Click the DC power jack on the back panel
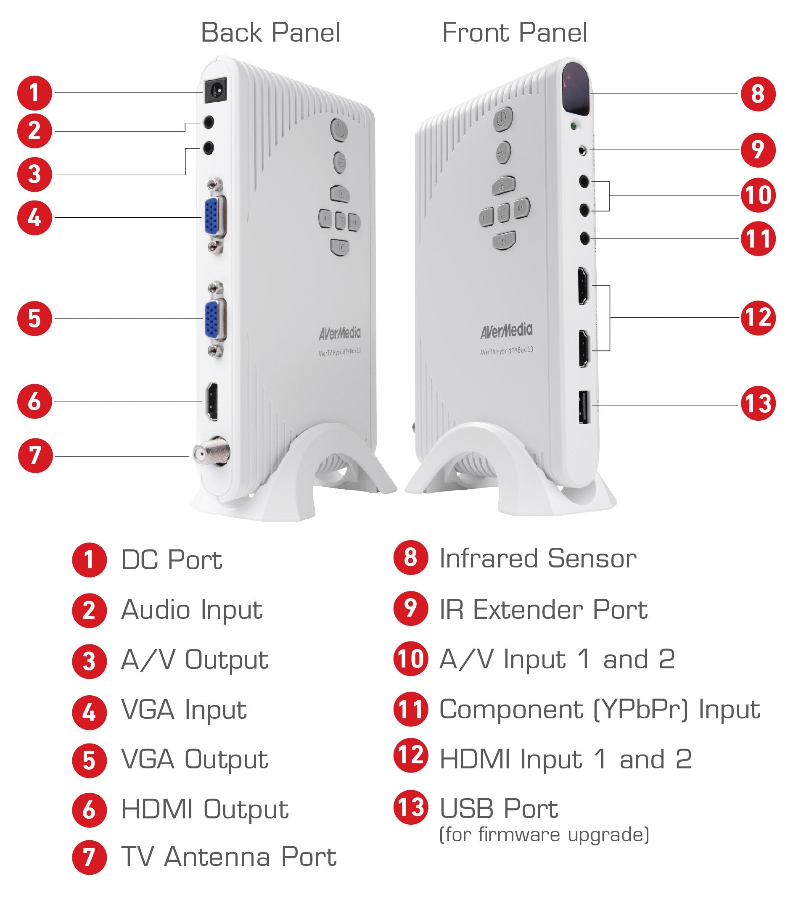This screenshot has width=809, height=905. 216,91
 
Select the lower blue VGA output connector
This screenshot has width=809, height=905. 214,319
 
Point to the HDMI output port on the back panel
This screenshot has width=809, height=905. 212,401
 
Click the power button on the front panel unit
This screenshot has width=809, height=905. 502,119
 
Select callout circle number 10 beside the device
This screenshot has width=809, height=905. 758,195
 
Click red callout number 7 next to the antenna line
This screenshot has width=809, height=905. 35,455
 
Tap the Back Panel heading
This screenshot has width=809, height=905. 270,33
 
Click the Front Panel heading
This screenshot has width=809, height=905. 514,33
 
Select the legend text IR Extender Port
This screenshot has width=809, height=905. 543,609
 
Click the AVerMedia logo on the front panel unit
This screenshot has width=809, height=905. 506,330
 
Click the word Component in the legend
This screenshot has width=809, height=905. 511,709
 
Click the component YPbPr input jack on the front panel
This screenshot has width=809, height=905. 585,239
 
